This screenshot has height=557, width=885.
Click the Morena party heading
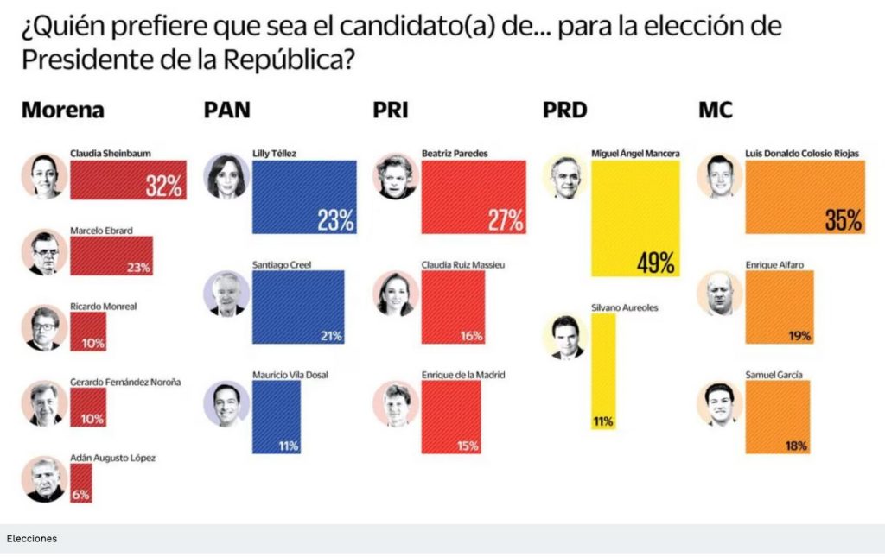click(x=62, y=111)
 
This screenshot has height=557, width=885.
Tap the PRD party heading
click(x=564, y=111)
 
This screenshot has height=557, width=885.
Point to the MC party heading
click(x=716, y=111)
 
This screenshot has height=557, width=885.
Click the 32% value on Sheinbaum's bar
click(x=163, y=186)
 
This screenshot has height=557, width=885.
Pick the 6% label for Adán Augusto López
click(x=81, y=495)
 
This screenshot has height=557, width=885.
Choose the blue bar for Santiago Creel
click(x=298, y=307)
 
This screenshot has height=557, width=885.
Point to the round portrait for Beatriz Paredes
click(x=396, y=177)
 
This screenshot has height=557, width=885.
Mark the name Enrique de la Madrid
click(x=462, y=374)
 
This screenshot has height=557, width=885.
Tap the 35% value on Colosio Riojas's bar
click(x=843, y=220)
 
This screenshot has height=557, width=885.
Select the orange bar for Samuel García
click(x=778, y=417)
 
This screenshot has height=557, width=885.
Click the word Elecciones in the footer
click(x=32, y=538)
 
